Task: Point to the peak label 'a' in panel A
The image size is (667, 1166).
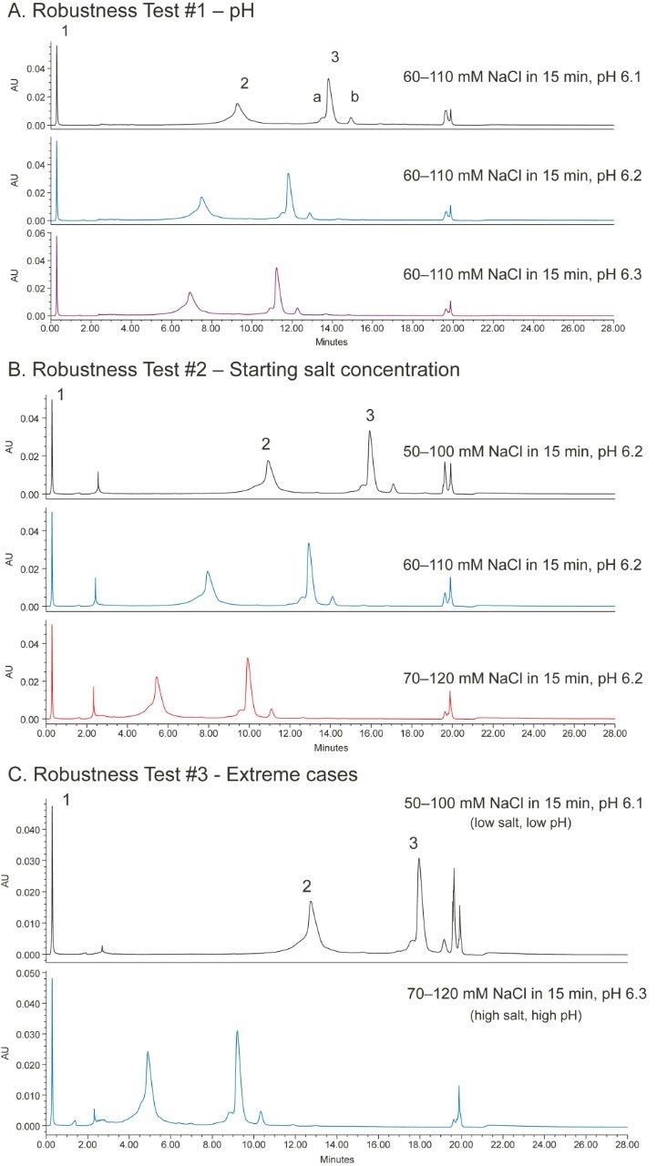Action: [316, 97]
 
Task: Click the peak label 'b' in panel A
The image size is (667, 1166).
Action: [355, 97]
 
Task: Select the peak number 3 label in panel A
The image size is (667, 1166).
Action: [334, 57]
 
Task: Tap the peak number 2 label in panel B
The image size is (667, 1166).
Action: [266, 444]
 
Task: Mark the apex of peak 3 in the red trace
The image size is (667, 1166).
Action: [248, 658]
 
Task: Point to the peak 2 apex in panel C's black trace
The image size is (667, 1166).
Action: [311, 902]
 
